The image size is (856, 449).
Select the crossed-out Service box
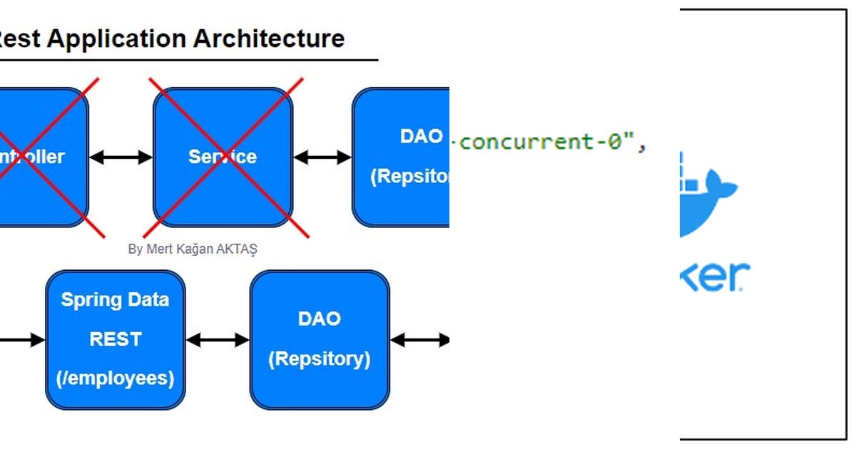[x=223, y=157]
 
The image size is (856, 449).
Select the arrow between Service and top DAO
[x=322, y=157]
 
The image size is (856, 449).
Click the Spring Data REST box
[x=115, y=339]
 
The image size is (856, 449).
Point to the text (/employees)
[x=115, y=378]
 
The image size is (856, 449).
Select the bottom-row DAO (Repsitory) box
[x=319, y=339]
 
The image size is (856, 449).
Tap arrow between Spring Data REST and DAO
[x=218, y=340]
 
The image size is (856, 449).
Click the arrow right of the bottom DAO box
[x=420, y=340]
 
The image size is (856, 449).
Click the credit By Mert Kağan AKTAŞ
[x=193, y=249]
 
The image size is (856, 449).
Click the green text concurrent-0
[x=546, y=142]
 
